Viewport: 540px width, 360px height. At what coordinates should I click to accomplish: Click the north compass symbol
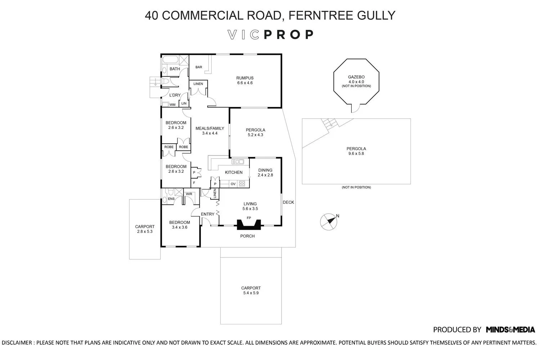[328, 222]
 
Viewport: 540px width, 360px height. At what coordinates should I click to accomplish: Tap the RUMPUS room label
[245, 78]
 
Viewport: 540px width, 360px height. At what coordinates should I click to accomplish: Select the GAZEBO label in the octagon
[356, 77]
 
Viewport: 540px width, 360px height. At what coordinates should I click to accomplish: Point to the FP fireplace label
[248, 218]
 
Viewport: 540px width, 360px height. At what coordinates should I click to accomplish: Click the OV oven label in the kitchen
[233, 184]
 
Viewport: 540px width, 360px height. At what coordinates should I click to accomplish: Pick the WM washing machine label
[172, 105]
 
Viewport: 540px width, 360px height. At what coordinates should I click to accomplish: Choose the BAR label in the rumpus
[199, 67]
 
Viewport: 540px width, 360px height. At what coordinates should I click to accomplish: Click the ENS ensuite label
[171, 199]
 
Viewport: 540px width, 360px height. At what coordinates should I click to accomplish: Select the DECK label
[288, 202]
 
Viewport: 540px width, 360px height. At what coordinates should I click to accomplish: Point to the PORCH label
[247, 236]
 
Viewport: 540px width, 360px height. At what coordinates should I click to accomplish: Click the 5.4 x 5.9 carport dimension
[251, 293]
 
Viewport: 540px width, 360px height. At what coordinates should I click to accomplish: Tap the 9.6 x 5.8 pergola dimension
[356, 154]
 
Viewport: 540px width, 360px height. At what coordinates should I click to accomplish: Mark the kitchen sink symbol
[238, 161]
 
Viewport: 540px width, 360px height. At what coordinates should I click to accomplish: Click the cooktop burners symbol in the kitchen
[242, 184]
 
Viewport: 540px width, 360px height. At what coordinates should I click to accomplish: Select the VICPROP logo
[270, 35]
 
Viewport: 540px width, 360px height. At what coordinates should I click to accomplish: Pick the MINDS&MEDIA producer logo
[510, 329]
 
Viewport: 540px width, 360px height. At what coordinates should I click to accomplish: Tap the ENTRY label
[207, 214]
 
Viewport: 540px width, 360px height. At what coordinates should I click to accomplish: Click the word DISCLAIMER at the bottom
[18, 343]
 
